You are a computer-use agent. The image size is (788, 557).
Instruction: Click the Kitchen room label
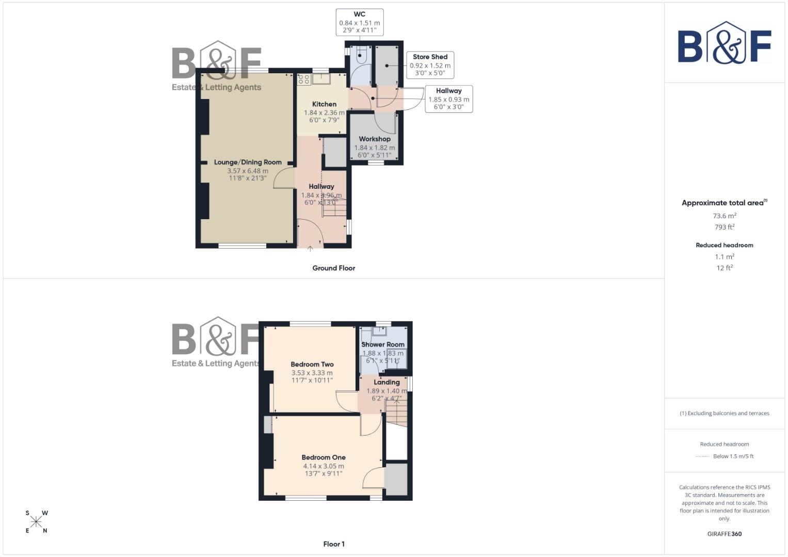click(x=324, y=104)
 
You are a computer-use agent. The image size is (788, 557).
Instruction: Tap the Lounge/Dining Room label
click(x=248, y=162)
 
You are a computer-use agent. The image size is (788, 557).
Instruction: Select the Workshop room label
click(x=375, y=139)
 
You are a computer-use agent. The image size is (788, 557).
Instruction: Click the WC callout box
click(x=360, y=22)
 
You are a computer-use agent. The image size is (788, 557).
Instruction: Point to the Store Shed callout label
click(x=430, y=57)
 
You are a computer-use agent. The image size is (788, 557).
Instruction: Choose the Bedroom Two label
click(x=312, y=364)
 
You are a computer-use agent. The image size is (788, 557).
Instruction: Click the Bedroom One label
click(x=324, y=457)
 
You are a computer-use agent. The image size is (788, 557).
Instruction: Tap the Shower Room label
click(x=383, y=344)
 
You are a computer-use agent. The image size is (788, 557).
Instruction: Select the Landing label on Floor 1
click(x=387, y=382)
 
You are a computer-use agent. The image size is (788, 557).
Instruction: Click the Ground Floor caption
click(x=333, y=268)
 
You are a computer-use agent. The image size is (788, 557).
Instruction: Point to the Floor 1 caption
click(x=333, y=544)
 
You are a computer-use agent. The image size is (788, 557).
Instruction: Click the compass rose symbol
click(x=36, y=522)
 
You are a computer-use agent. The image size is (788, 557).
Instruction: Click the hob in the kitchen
click(x=304, y=79)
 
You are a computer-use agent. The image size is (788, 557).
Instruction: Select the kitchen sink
click(x=323, y=78)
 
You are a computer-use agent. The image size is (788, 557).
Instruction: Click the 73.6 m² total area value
click(x=724, y=216)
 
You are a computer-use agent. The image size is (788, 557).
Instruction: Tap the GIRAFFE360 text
click(x=724, y=534)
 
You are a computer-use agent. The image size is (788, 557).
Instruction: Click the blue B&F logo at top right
click(x=724, y=43)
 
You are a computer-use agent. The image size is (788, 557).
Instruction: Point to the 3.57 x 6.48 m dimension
click(x=248, y=171)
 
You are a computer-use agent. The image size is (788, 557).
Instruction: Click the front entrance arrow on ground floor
click(x=310, y=249)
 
